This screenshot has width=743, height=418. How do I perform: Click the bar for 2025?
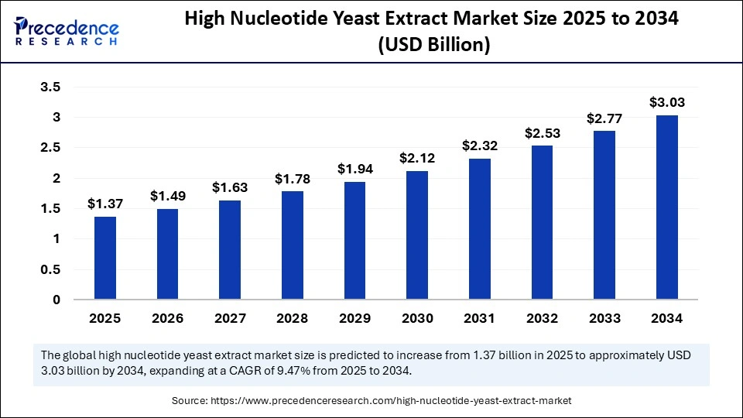(x=105, y=258)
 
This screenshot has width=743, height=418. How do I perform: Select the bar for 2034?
(x=666, y=207)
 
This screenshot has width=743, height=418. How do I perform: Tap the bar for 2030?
(x=417, y=235)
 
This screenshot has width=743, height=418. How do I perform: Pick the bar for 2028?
(x=292, y=245)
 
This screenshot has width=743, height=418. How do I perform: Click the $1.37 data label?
(x=104, y=204)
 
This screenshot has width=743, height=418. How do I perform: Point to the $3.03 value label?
(x=666, y=102)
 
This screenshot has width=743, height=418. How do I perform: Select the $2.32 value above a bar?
(x=479, y=145)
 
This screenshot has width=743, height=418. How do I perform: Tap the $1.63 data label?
(x=230, y=187)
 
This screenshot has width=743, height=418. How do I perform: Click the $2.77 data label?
(x=604, y=118)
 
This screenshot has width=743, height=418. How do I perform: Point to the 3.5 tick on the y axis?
(x=50, y=87)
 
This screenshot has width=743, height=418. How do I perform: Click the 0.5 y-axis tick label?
(x=50, y=269)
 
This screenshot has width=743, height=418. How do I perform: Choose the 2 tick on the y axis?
(x=56, y=178)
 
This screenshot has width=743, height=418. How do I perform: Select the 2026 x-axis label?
(x=167, y=317)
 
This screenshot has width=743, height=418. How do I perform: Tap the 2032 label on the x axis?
(x=542, y=317)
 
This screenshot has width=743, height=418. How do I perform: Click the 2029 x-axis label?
(x=354, y=317)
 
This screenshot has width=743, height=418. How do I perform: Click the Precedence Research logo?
(x=67, y=32)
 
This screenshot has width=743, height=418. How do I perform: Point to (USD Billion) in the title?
(x=433, y=46)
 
